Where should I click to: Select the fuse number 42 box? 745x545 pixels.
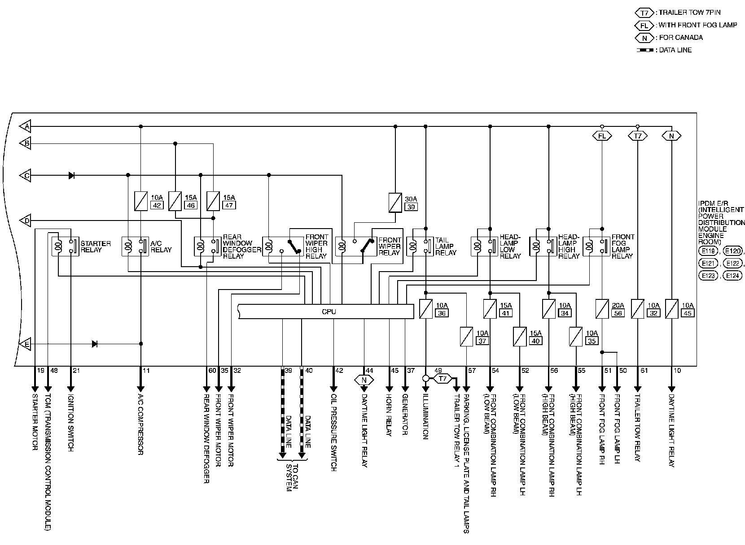157,205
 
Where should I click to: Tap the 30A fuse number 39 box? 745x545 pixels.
410,207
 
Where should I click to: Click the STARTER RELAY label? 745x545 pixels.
96,247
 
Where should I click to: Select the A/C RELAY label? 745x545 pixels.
161,247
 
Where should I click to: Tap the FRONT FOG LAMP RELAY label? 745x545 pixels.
623,246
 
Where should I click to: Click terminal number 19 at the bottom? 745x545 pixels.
40,371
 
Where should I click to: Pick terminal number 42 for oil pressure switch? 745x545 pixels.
339,371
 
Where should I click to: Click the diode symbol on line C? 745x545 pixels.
71,175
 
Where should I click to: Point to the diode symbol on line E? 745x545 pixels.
95,344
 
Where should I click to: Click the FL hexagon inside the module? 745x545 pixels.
601,135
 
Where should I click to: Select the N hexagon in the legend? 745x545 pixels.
644,38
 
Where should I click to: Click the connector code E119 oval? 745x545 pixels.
707,251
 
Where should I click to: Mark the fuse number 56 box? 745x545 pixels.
618,313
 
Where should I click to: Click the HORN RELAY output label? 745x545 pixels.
389,414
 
